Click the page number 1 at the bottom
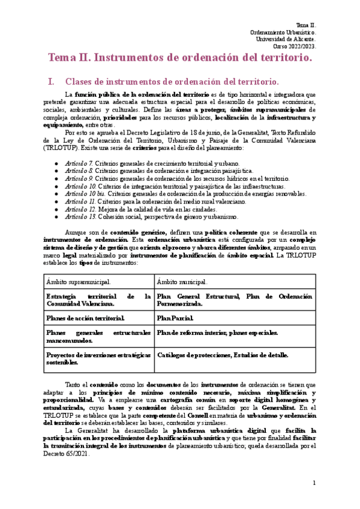(314, 483)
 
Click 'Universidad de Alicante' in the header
(286, 39)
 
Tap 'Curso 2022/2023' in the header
(295, 46)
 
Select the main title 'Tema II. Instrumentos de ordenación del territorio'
(180, 58)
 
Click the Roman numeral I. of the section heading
(50, 81)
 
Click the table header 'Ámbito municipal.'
(182, 281)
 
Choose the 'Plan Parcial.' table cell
(175, 318)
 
